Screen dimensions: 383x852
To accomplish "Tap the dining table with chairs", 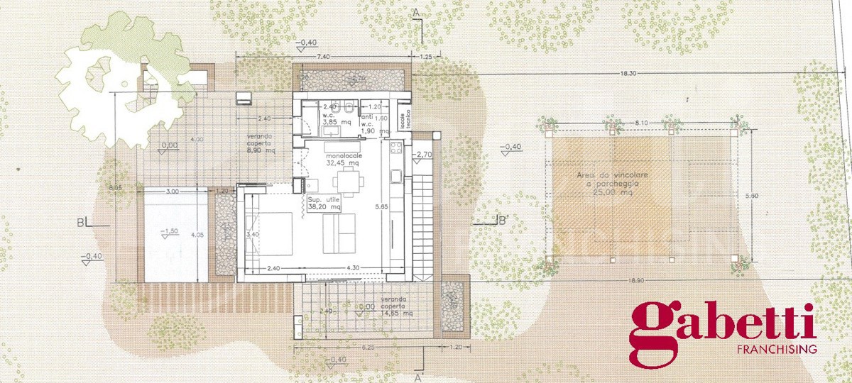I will coord(346,184).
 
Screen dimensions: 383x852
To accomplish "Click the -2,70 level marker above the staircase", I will coord(425,155).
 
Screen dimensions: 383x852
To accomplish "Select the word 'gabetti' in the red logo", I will coord(723,323).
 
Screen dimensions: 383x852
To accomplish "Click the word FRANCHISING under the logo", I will coord(777,350).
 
